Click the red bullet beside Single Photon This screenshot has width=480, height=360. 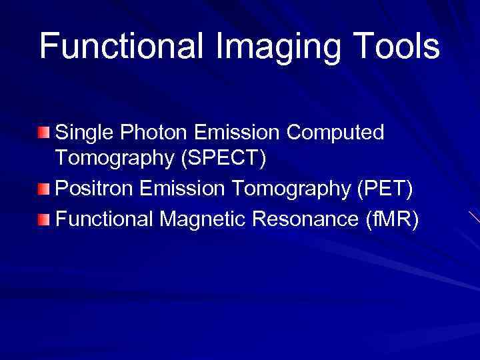click(43, 133)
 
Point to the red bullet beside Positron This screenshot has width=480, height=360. click(43, 191)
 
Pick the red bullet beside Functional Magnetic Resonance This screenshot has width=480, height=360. click(43, 219)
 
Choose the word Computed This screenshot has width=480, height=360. click(335, 133)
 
